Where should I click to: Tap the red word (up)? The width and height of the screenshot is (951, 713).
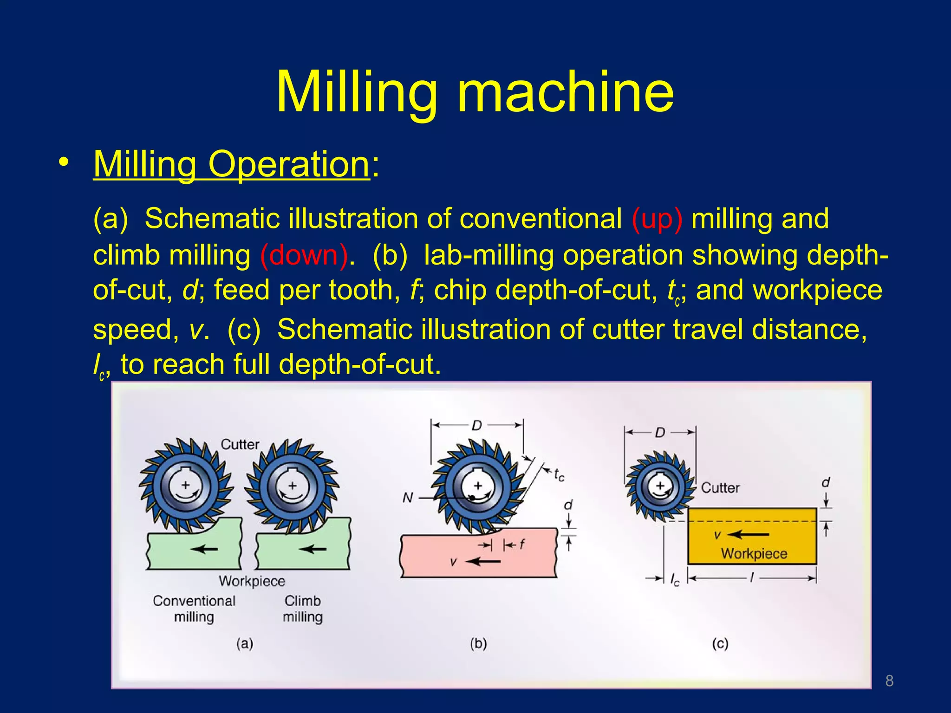[x=657, y=219]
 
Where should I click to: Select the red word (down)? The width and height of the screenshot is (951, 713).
[x=304, y=256]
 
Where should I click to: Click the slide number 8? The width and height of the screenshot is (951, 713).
[x=889, y=681]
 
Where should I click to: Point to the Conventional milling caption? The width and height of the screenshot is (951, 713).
[x=194, y=609]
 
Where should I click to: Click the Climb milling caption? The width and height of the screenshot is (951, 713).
[x=302, y=609]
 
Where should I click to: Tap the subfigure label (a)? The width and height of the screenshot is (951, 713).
[x=244, y=643]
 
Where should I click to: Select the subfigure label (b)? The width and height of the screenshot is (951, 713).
[x=478, y=643]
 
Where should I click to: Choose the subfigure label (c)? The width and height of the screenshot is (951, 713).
[x=720, y=643]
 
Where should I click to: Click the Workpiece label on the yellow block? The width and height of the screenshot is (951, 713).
[x=754, y=553]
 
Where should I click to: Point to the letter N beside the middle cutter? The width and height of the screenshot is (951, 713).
[x=407, y=498]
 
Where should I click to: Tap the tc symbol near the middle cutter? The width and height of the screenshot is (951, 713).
[x=559, y=475]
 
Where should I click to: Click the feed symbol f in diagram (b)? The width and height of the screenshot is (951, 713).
[x=522, y=544]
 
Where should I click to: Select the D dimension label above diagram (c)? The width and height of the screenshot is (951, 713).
[x=660, y=433]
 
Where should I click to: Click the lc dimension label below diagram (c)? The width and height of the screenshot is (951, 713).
[x=675, y=579]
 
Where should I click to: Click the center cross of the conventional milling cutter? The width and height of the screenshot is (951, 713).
[x=185, y=485]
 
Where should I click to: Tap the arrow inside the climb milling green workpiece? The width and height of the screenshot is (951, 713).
[x=313, y=549]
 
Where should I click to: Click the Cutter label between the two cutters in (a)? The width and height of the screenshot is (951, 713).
[x=240, y=444]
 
